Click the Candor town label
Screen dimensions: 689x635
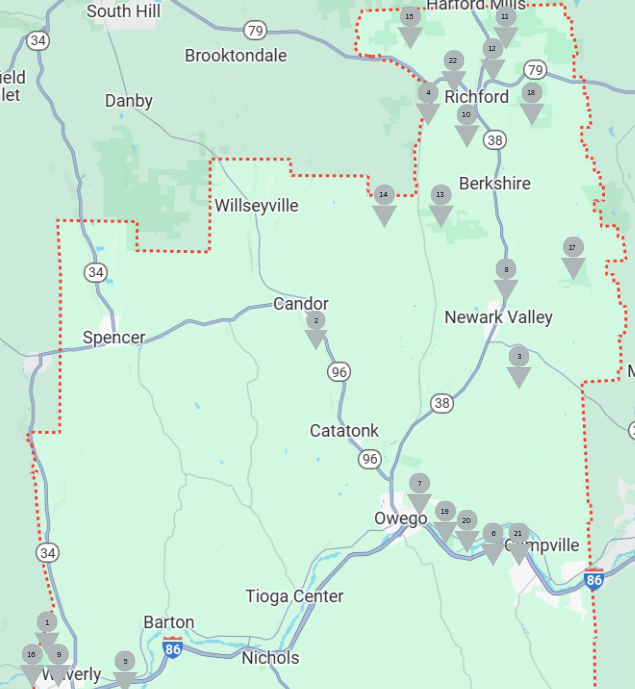click(x=301, y=304)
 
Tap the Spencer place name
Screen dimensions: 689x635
click(x=114, y=337)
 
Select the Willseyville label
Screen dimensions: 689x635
click(x=257, y=206)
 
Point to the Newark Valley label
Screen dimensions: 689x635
click(x=498, y=317)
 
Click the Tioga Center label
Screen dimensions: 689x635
click(x=294, y=596)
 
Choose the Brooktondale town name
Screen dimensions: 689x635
click(x=235, y=55)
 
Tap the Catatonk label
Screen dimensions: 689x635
click(x=344, y=431)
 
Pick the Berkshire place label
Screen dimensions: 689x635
click(x=494, y=183)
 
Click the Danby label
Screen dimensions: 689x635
click(x=129, y=100)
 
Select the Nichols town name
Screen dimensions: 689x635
click(x=270, y=657)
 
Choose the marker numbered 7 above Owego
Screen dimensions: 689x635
click(x=419, y=489)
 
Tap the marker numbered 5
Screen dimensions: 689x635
click(x=125, y=667)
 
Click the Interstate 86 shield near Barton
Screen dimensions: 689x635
click(x=172, y=647)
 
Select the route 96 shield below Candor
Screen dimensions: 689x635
click(x=339, y=372)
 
